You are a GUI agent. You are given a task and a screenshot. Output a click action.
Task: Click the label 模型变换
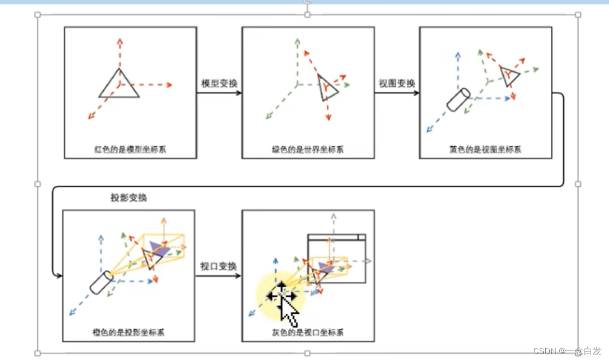(x=219, y=83)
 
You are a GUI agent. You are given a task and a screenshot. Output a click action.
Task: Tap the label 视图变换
(x=397, y=83)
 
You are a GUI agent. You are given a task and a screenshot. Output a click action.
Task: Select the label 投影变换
(x=129, y=198)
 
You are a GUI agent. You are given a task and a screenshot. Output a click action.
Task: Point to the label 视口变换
(x=218, y=266)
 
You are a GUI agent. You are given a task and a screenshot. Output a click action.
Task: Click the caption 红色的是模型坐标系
(x=130, y=149)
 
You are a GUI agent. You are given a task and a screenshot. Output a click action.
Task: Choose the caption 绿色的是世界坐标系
(x=308, y=149)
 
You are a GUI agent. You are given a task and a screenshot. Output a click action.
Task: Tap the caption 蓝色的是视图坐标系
(x=485, y=149)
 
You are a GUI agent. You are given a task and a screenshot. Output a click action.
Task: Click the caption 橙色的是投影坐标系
(x=128, y=333)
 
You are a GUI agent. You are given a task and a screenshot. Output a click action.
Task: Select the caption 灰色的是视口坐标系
(x=308, y=333)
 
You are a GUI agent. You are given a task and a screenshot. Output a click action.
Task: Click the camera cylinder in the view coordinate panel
(x=458, y=100)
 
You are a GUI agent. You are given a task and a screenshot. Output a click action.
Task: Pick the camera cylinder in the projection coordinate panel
(x=102, y=282)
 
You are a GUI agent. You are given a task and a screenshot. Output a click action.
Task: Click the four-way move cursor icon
(x=282, y=296)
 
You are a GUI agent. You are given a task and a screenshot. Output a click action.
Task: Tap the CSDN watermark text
(x=567, y=351)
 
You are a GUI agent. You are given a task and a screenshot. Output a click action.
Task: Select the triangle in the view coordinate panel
(x=509, y=76)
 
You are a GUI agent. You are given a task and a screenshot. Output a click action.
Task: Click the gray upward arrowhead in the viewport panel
(x=334, y=216)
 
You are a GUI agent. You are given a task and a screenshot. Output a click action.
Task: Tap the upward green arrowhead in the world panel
(x=297, y=41)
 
